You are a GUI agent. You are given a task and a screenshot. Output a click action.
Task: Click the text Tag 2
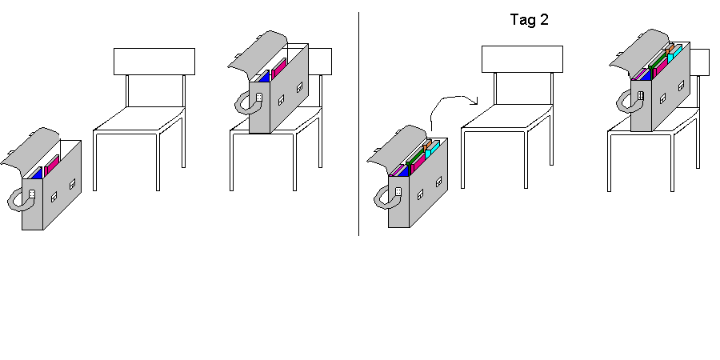coord(529,20)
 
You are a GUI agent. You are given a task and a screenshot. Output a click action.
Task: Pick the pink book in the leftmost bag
coord(51,166)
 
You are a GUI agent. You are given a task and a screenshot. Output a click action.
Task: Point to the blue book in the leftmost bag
coord(36,173)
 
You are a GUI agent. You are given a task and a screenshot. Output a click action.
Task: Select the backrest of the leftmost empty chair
coord(154,61)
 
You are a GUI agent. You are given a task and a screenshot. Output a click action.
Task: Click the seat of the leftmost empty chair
coord(140,121)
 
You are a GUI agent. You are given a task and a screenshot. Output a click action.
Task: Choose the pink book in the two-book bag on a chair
coord(278,70)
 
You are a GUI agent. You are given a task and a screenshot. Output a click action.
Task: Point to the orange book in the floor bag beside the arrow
coord(428,144)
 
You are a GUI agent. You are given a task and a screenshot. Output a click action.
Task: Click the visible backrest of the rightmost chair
coord(700,62)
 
